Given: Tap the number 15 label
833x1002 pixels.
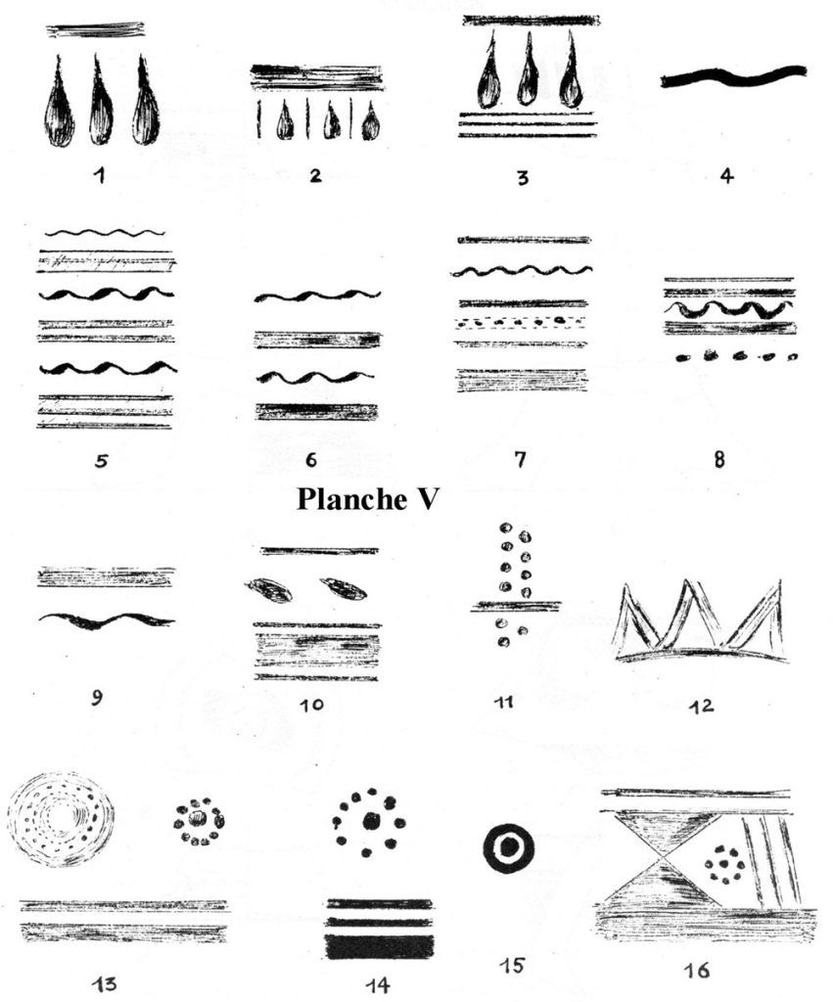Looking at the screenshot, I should [x=512, y=966].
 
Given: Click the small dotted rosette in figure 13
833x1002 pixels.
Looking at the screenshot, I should [x=199, y=818].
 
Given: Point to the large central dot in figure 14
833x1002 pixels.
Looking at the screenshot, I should [x=371, y=822].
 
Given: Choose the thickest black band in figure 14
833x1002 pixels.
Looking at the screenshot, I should [x=379, y=946].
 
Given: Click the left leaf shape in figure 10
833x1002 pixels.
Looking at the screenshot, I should [x=268, y=590].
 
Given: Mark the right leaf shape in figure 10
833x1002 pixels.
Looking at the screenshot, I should [x=343, y=588].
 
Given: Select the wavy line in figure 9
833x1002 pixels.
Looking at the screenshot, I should [x=106, y=620].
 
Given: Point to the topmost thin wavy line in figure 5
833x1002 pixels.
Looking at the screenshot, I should [x=105, y=233].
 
